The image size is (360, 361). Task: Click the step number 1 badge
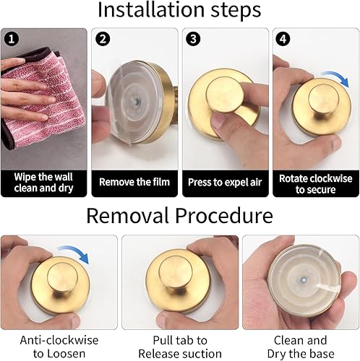(11, 39)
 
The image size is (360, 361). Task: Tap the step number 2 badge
(103, 39)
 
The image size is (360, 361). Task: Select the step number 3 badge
(193, 39)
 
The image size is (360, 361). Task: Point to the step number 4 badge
(283, 39)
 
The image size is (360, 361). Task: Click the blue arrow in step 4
(338, 77)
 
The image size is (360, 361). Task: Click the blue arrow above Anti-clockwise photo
(75, 252)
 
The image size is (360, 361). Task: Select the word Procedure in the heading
(224, 215)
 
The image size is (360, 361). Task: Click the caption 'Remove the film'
(134, 182)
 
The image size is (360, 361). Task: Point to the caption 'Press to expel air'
(225, 183)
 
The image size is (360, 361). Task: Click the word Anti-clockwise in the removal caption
(59, 340)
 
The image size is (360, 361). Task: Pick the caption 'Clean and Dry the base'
(301, 347)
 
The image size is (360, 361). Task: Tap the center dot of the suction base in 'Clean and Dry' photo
(303, 280)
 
